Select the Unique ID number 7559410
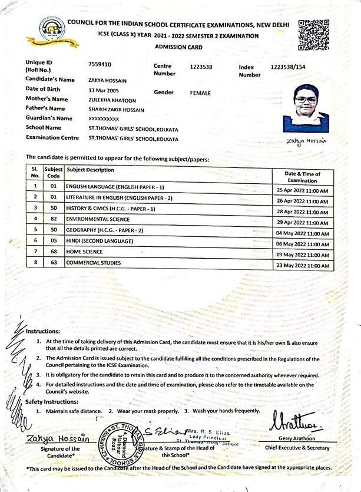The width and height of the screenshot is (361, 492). (100, 64)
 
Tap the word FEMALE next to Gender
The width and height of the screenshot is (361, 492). (200, 93)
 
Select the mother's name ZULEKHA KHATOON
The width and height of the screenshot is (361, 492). (111, 100)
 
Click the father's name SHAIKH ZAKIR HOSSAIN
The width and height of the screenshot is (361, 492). (116, 109)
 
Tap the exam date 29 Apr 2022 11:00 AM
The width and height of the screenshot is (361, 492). (302, 223)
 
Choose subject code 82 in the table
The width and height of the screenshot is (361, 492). (53, 219)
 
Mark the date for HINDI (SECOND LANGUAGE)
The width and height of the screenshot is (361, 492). (302, 244)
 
